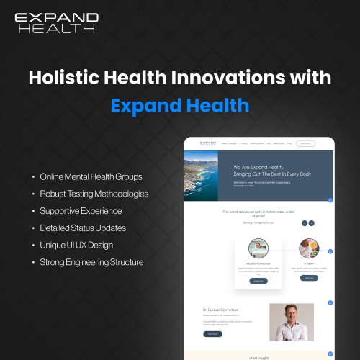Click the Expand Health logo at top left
55,22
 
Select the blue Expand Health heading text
180,105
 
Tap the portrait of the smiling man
291,321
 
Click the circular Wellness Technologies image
258,248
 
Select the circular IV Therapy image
309,248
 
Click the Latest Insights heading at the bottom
258,356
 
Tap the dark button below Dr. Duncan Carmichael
213,334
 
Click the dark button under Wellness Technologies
258,281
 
